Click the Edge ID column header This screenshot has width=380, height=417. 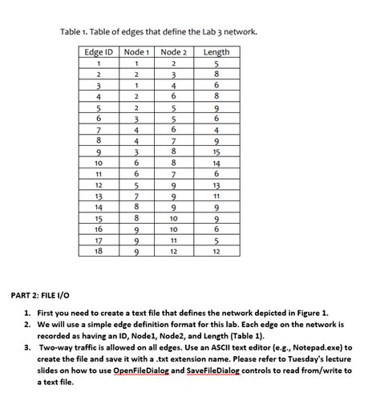click(98, 52)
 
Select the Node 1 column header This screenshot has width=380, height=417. click(137, 52)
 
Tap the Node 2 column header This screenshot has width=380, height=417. click(174, 52)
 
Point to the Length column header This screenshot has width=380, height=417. click(216, 52)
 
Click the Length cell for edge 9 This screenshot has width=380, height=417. click(216, 151)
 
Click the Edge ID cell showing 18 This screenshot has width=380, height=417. click(98, 249)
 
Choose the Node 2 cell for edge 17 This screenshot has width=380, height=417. click(174, 239)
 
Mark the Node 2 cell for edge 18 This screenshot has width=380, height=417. click(174, 250)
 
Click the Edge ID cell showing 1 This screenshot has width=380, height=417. click(98, 64)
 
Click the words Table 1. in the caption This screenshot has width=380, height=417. click(76, 32)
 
